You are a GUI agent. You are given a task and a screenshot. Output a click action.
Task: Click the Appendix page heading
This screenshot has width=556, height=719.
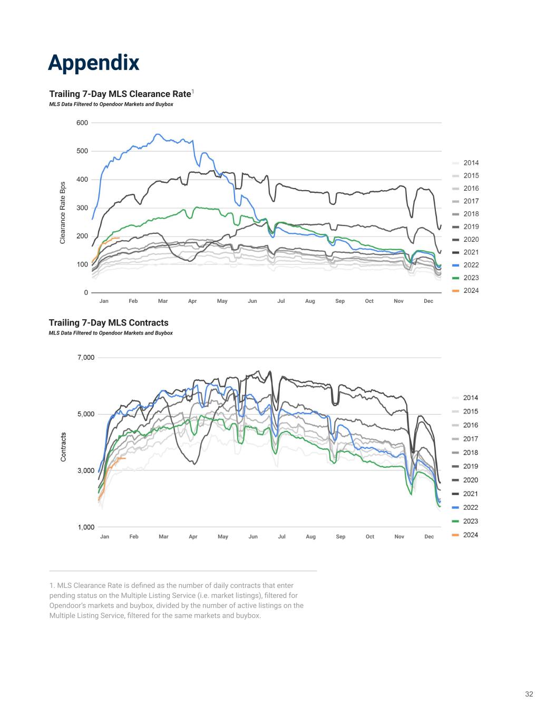coord(93,63)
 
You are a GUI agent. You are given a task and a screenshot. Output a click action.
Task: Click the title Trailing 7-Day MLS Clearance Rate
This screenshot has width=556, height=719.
coord(120,94)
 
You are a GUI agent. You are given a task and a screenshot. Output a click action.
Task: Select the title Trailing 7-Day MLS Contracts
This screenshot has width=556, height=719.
coord(109,322)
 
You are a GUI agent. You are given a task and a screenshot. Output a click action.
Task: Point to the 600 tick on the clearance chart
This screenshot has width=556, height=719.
coord(82,123)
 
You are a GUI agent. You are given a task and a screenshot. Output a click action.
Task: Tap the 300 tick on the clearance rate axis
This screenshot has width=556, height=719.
coord(82,208)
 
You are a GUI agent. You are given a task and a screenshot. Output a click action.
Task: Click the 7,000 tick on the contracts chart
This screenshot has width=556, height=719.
coord(85,358)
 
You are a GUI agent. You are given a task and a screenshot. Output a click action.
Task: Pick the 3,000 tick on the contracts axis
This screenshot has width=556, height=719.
coord(85,471)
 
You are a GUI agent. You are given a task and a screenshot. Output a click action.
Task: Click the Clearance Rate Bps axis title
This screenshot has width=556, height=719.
coord(63,213)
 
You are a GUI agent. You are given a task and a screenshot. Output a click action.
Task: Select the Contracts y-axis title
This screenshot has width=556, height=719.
coord(63,447)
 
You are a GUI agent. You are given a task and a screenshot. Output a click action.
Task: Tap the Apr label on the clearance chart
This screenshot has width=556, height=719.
coord(192,301)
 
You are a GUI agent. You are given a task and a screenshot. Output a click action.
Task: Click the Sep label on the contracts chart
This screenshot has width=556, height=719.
coord(340,537)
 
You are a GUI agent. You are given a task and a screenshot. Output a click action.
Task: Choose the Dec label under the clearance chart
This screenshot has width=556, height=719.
coord(428,301)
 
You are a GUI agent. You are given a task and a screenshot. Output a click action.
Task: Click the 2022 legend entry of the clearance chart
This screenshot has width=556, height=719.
coord(471,265)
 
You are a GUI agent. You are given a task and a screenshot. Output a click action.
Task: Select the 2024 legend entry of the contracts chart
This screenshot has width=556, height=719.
coord(471,535)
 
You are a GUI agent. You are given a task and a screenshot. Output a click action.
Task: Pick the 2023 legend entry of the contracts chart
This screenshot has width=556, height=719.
coord(471,521)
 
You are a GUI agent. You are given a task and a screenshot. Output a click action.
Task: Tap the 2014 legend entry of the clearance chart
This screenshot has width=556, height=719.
coord(471,163)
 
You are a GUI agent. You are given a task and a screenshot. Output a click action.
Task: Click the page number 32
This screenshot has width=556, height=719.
coord(529,694)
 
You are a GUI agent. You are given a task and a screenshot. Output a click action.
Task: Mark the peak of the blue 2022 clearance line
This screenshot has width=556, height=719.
coord(158,134)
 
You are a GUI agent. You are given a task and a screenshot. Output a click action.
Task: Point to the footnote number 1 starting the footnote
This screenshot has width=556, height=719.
coord(51,586)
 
